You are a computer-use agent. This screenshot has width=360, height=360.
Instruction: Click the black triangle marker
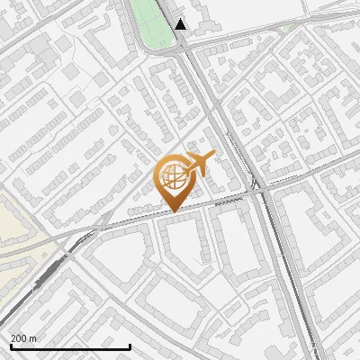[x=181, y=24]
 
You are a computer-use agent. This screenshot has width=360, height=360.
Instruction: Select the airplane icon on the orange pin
[x=197, y=163]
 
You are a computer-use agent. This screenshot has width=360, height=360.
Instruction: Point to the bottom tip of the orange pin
[x=173, y=212]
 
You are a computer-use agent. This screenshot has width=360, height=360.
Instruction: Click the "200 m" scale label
[x=24, y=338]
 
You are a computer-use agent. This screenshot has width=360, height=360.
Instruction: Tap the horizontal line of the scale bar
[x=70, y=346]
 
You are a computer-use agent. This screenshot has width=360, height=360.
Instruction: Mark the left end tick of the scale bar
[x=10, y=345]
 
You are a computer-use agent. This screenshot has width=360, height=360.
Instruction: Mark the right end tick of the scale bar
[x=130, y=345]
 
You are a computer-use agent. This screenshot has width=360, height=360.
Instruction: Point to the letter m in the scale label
[x=33, y=338]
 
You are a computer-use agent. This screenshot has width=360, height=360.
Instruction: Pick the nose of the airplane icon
[x=213, y=157]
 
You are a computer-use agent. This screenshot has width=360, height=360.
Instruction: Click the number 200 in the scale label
[x=20, y=338]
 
